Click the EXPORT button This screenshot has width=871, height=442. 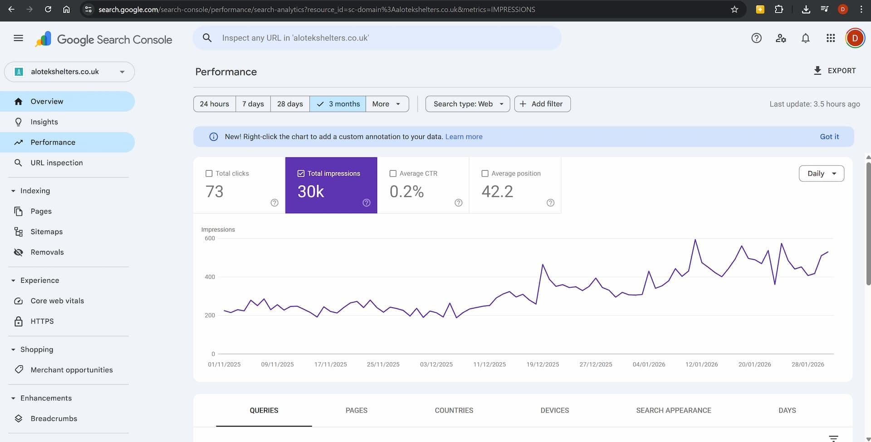click(835, 71)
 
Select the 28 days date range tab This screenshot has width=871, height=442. click(290, 104)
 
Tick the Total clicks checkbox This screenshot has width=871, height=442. click(209, 173)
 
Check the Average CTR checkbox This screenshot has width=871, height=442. click(393, 173)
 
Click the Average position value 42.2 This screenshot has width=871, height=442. click(497, 192)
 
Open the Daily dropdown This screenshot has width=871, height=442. click(821, 173)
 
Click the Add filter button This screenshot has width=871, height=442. click(542, 104)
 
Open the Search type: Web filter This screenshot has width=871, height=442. click(467, 104)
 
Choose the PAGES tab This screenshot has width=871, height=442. click(356, 410)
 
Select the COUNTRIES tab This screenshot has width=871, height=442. click(454, 410)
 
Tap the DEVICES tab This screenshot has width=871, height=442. click(554, 410)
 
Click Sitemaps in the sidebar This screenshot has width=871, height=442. click(46, 232)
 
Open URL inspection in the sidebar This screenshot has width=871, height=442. click(57, 163)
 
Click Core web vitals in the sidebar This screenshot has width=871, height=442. click(57, 301)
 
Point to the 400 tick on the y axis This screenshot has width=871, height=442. click(210, 277)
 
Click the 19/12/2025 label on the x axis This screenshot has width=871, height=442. click(543, 364)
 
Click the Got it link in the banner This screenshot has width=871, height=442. click(829, 137)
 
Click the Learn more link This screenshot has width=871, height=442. click(464, 137)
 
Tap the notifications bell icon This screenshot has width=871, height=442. click(806, 38)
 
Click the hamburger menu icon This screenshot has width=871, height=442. click(18, 38)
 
